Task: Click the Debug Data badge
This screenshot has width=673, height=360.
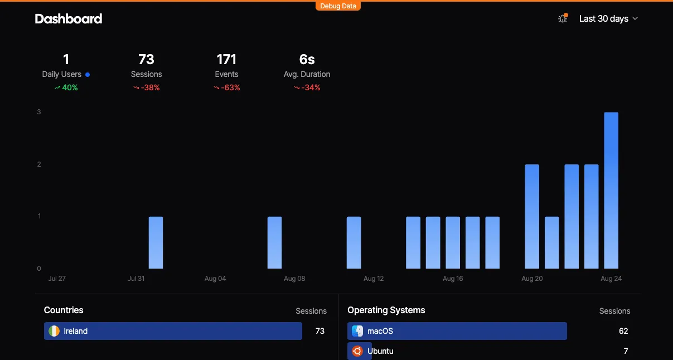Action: pos(338,6)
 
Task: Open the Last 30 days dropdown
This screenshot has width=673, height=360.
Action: pos(608,18)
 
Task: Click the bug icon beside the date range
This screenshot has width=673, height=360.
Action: pos(563,18)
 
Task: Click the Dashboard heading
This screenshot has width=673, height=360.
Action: pos(69,18)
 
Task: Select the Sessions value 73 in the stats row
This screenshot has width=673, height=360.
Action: pos(146,59)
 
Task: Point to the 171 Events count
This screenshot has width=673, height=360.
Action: pos(226,59)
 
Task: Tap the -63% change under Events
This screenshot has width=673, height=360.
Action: pos(227,87)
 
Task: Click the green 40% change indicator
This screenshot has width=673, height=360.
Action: pos(66,87)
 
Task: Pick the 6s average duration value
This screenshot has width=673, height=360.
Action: pos(307,59)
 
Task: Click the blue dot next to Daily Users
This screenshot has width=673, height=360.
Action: pos(88,75)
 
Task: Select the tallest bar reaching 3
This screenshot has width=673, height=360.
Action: pos(611,191)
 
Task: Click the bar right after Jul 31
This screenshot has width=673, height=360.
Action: pos(156,242)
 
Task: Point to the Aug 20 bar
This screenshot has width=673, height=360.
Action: pos(532,216)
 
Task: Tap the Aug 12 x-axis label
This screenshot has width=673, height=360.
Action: pos(374,278)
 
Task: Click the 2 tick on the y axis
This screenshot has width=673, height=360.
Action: pos(39,164)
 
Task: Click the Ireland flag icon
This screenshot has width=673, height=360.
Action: pos(54,331)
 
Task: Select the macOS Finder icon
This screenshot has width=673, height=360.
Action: pos(357,331)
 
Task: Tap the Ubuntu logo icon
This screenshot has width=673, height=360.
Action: pos(357,351)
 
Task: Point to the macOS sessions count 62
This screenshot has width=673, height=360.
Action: pos(623,331)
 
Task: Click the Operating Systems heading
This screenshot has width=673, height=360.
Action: pos(386,310)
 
